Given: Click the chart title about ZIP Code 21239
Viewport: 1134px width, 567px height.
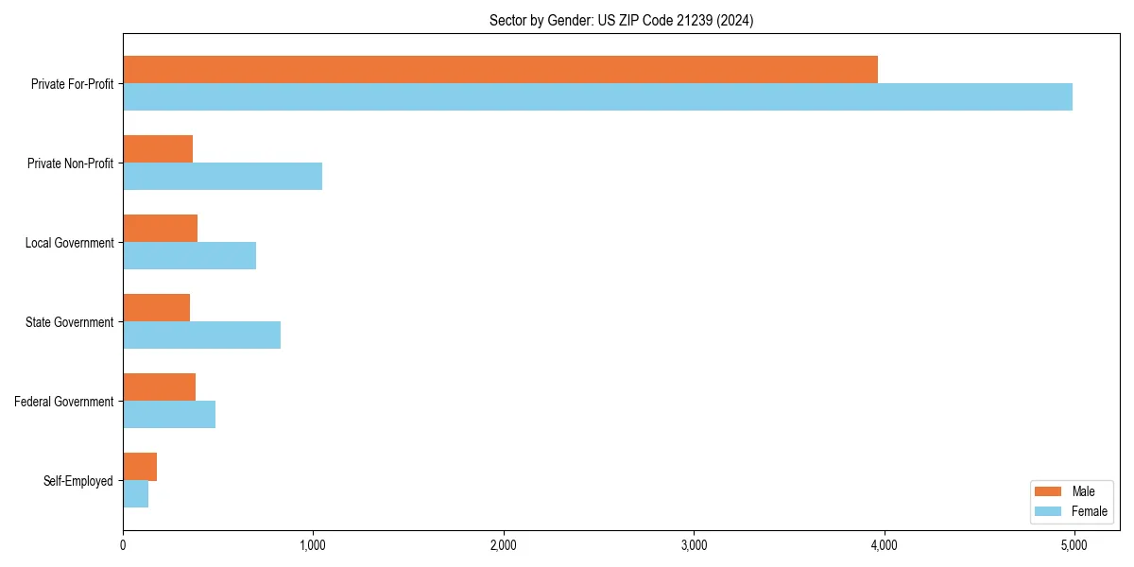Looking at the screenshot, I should pyautogui.click(x=621, y=20).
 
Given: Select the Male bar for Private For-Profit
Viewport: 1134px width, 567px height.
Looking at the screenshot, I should pyautogui.click(x=500, y=70).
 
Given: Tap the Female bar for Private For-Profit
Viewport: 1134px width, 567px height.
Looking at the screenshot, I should pyautogui.click(x=597, y=97).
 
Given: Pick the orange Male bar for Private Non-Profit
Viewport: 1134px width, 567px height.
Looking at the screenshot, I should pyautogui.click(x=158, y=149).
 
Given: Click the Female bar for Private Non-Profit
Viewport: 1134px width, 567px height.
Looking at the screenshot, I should pyautogui.click(x=222, y=177).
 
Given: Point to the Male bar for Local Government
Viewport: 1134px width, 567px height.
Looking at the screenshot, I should pyautogui.click(x=160, y=229).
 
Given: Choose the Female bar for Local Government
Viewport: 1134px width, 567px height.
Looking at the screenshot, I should pyautogui.click(x=189, y=256).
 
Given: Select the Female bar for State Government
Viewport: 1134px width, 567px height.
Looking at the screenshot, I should pyautogui.click(x=201, y=335).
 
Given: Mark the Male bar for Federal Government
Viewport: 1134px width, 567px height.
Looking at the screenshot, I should pyautogui.click(x=159, y=387).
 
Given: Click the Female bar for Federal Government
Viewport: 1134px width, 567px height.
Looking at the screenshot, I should pyautogui.click(x=169, y=415).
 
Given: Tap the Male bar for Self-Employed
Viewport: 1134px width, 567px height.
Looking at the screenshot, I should pyautogui.click(x=140, y=467).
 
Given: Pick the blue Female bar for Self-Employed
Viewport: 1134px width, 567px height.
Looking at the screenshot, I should pyautogui.click(x=135, y=494).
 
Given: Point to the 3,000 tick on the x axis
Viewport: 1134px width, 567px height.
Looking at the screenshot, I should pyautogui.click(x=694, y=545).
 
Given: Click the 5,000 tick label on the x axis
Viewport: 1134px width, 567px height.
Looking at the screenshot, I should pyautogui.click(x=1074, y=545).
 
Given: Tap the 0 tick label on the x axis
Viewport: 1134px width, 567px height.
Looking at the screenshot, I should pyautogui.click(x=123, y=545).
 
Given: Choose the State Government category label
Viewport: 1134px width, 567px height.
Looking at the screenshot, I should pyautogui.click(x=69, y=322).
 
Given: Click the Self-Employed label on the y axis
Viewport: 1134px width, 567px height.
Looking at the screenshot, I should pyautogui.click(x=77, y=481).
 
